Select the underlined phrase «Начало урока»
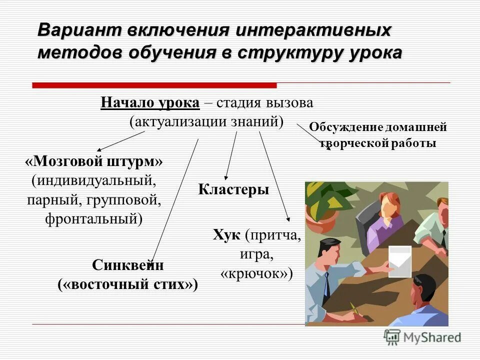click(x=150, y=103)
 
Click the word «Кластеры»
click(x=233, y=190)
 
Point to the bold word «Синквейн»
click(x=128, y=265)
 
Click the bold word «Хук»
click(x=226, y=235)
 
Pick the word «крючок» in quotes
click(x=256, y=273)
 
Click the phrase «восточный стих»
click(x=128, y=284)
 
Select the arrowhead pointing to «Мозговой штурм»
click(x=99, y=148)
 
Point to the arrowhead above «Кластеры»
click(x=226, y=176)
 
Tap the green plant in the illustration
click(x=324, y=200)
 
